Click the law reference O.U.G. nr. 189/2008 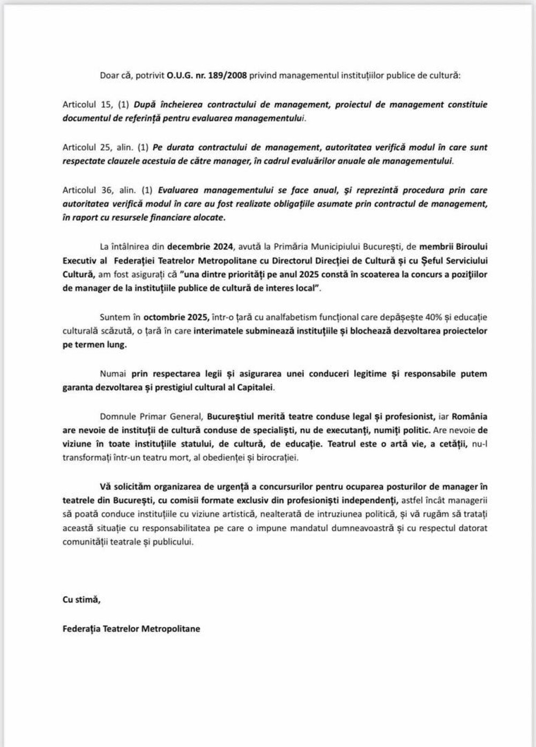[x=206, y=76]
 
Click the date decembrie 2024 [x=200, y=247]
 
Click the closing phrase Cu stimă [x=81, y=600]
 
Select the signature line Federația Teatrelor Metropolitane [x=131, y=628]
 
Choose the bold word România [x=470, y=416]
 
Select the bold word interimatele [x=219, y=331]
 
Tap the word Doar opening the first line [x=109, y=76]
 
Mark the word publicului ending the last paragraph [x=173, y=542]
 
